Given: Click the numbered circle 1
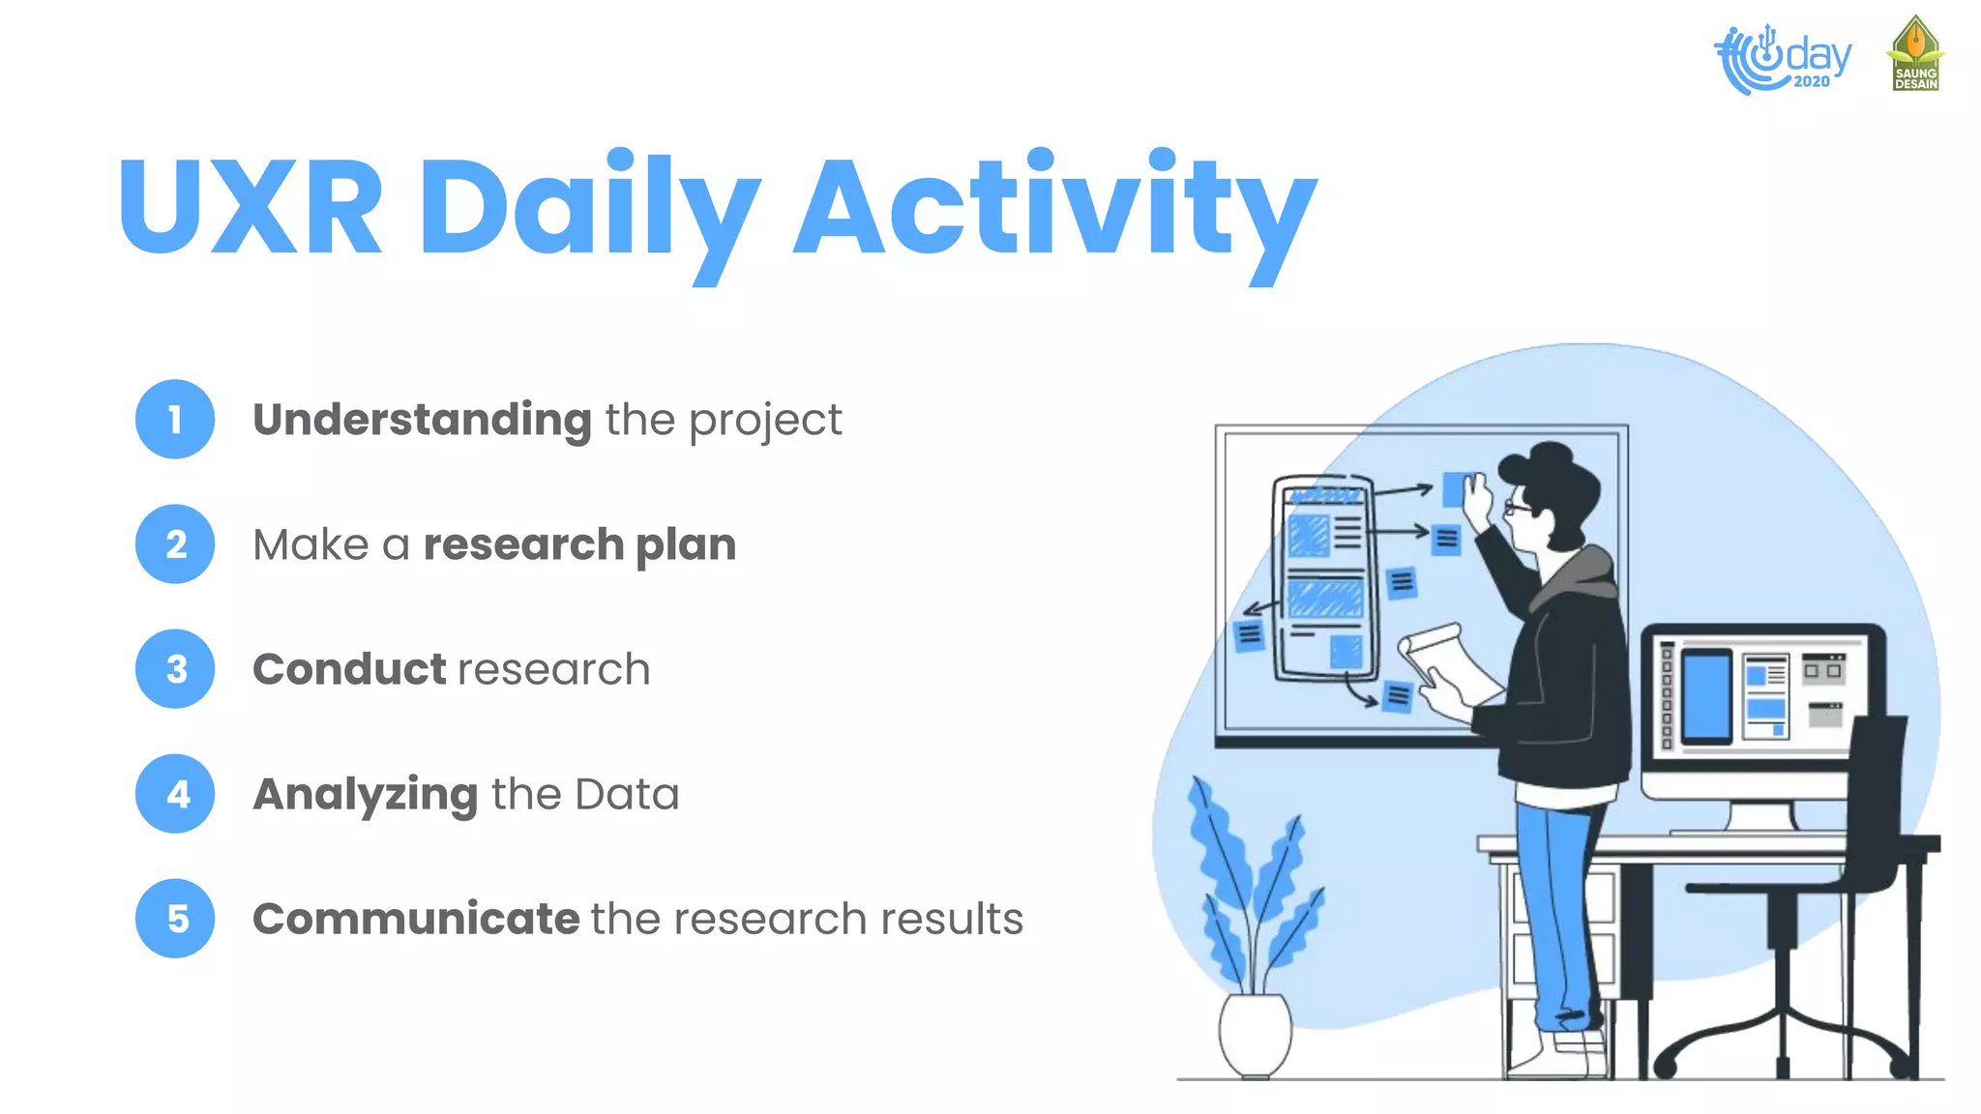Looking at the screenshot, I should pyautogui.click(x=175, y=419).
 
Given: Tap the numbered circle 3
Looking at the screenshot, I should pyautogui.click(x=175, y=668).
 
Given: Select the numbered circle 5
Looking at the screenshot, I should pyautogui.click(x=175, y=918).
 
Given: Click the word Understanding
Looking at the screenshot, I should pyautogui.click(x=422, y=420).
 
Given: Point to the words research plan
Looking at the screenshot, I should pyautogui.click(x=579, y=544).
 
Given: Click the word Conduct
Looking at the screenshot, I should pyautogui.click(x=349, y=669).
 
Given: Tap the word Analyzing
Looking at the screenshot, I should pyautogui.click(x=365, y=795).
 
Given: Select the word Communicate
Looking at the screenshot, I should pyautogui.click(x=416, y=919).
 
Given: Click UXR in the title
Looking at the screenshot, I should pyautogui.click(x=251, y=208).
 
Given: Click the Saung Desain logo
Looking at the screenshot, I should pyautogui.click(x=1915, y=55).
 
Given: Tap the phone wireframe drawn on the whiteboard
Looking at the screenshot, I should pyautogui.click(x=1323, y=578).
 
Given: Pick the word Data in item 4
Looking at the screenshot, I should pyautogui.click(x=627, y=795).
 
